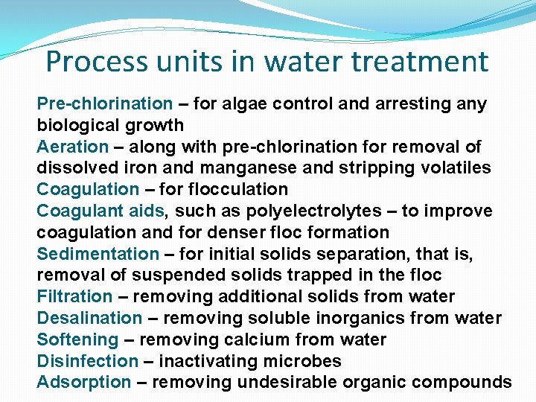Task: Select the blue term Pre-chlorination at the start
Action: [104, 104]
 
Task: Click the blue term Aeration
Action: [72, 147]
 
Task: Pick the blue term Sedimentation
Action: [98, 255]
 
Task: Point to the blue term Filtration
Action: [74, 297]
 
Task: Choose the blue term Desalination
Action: [89, 319]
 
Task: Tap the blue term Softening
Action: [77, 340]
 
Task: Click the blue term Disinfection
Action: [87, 362]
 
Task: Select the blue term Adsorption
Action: [83, 383]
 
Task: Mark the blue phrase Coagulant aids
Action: [96, 211]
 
